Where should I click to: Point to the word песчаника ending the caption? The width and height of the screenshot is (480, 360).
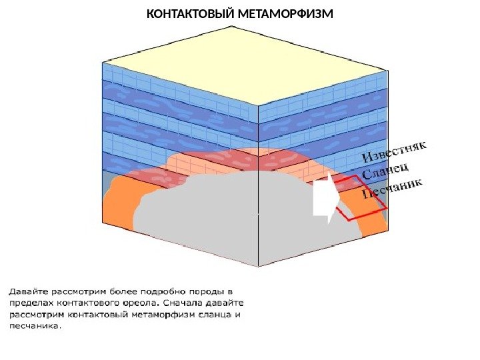(34, 326)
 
